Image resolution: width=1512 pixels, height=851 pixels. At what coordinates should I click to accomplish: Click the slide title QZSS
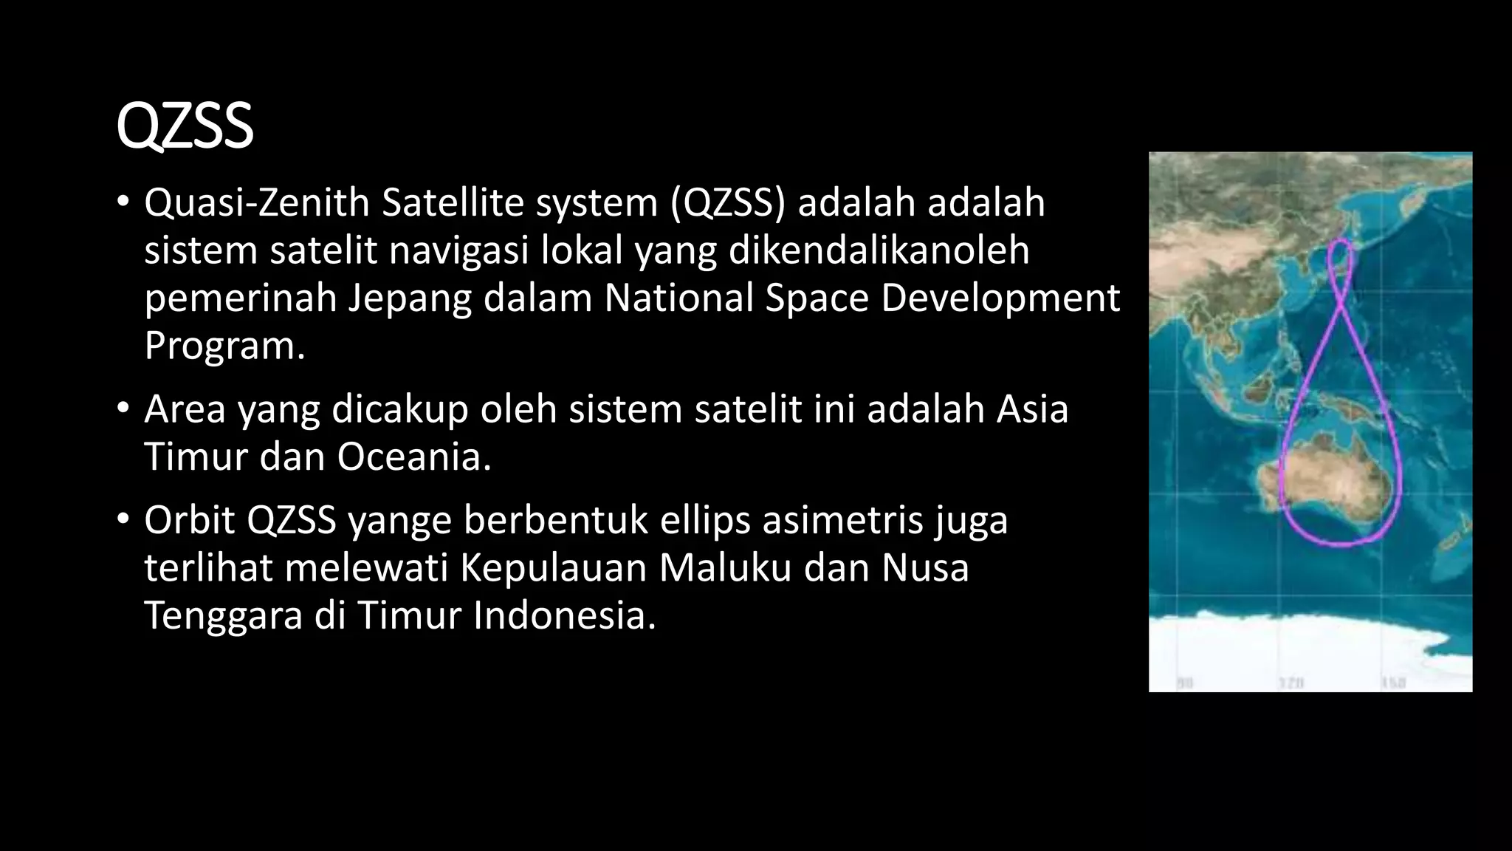(x=185, y=127)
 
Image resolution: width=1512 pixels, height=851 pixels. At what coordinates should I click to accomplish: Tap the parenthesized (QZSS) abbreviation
(x=728, y=203)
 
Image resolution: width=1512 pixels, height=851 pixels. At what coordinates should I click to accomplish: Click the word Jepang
(x=410, y=298)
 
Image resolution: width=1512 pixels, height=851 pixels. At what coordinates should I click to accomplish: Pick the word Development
(x=1000, y=298)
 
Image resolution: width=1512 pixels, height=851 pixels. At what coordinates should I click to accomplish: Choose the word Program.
(x=224, y=346)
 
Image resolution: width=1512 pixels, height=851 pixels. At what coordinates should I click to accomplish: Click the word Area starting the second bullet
(x=185, y=409)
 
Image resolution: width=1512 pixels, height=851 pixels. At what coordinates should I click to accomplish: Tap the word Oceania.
(x=414, y=457)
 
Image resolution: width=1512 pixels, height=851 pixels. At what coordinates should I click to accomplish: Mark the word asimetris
(x=842, y=520)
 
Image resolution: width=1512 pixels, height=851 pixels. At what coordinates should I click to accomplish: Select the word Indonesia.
(x=564, y=615)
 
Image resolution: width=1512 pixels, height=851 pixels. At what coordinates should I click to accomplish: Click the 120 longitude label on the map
(x=1291, y=683)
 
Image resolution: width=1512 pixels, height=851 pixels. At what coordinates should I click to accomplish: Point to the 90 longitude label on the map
(x=1184, y=683)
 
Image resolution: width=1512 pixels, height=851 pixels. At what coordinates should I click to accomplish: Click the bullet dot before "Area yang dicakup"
(x=123, y=409)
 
